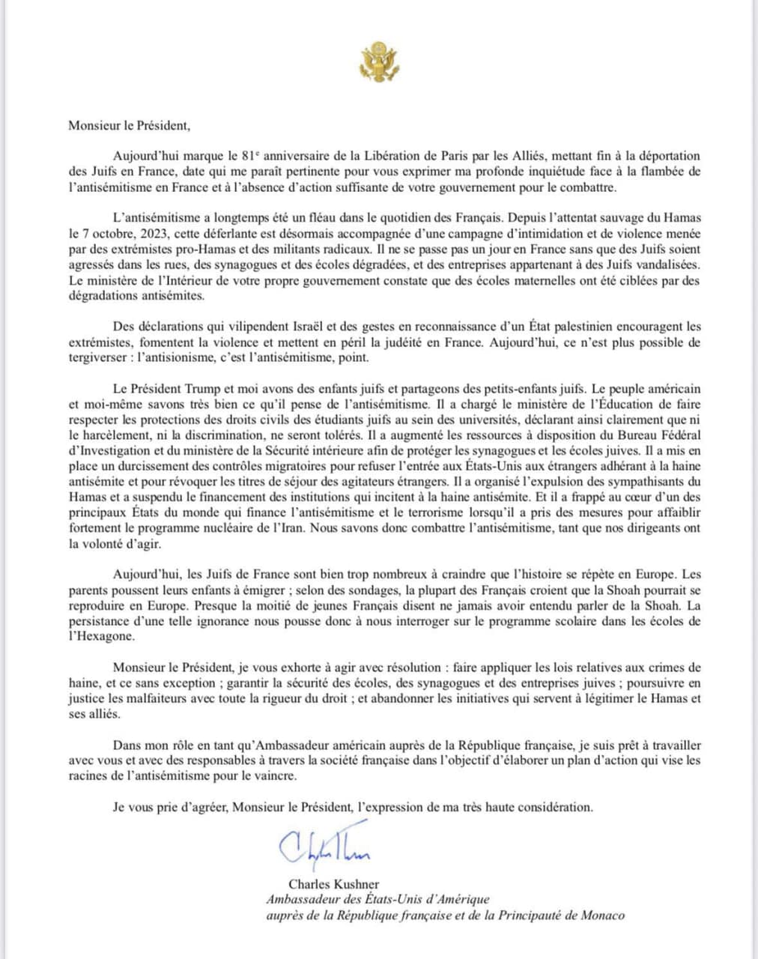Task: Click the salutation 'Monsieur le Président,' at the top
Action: pyautogui.click(x=124, y=126)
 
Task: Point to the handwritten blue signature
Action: pyautogui.click(x=324, y=847)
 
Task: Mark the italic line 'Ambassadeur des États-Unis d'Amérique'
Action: pyautogui.click(x=378, y=900)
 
